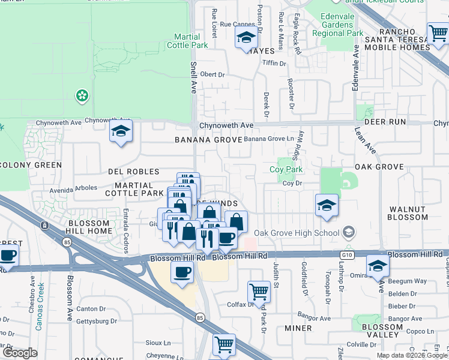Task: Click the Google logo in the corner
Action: pyautogui.click(x=20, y=353)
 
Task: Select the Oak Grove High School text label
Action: pyautogui.click(x=296, y=233)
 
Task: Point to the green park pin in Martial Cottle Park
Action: pyautogui.click(x=81, y=95)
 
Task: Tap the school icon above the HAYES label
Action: pyautogui.click(x=246, y=38)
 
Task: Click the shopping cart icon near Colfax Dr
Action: pyautogui.click(x=259, y=292)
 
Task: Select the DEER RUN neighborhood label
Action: pyautogui.click(x=380, y=122)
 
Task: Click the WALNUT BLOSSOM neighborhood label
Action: pyautogui.click(x=407, y=214)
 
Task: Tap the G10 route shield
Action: pyautogui.click(x=349, y=254)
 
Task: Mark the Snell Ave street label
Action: pyautogui.click(x=194, y=76)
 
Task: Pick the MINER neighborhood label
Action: pyautogui.click(x=298, y=328)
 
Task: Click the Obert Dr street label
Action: pyautogui.click(x=212, y=75)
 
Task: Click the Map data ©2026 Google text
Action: pyautogui.click(x=412, y=355)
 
